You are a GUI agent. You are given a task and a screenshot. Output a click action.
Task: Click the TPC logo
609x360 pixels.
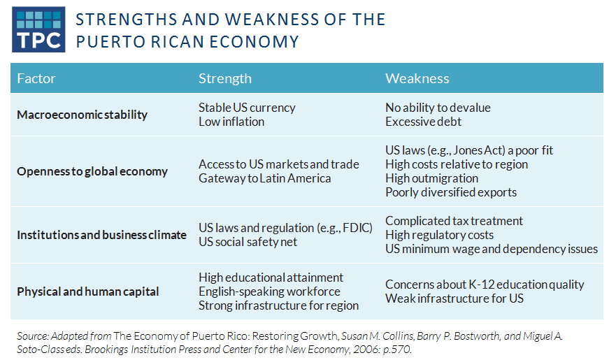38,29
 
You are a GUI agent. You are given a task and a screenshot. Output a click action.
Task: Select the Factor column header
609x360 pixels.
36,78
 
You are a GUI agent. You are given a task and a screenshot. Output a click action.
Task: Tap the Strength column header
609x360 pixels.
224,78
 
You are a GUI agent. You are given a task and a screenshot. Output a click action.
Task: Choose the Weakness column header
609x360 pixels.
417,78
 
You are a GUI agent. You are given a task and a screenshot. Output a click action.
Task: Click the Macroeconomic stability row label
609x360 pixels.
82,115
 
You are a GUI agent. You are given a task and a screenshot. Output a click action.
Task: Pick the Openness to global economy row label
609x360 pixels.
92,171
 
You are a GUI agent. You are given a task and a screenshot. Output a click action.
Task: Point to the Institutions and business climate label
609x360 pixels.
101,235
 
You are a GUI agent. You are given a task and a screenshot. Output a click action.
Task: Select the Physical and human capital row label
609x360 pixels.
87,291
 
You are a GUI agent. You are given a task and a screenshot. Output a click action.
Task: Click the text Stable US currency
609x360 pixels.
247,108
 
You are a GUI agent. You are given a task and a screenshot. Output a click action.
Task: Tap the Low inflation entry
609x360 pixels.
231,122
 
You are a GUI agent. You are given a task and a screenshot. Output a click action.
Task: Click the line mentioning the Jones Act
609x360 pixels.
469,150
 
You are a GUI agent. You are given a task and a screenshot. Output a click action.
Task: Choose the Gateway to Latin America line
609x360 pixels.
264,178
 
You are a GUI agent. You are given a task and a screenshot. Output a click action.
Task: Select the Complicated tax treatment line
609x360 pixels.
454,221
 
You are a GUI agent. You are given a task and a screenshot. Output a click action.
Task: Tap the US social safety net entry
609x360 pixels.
248,242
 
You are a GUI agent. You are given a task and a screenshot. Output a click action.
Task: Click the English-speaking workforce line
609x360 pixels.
269,291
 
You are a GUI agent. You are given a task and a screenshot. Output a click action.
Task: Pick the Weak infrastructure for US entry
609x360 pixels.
454,298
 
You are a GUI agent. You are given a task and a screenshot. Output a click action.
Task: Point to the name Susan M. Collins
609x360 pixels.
377,336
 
